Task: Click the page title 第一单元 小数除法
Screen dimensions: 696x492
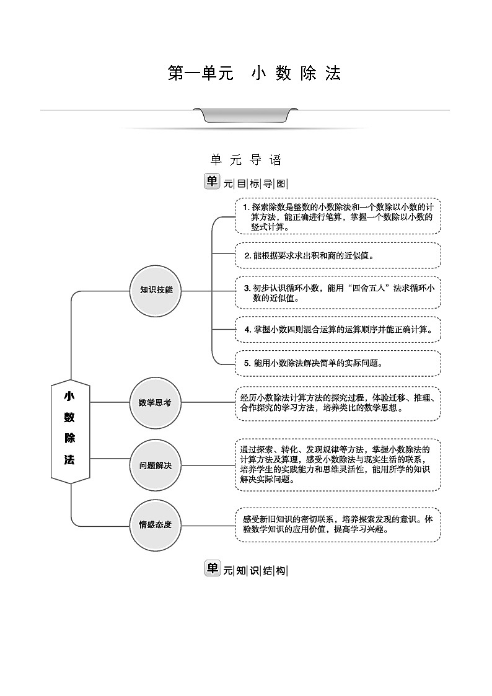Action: point(254,73)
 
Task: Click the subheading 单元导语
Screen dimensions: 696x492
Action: point(246,161)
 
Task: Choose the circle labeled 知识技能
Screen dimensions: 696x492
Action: point(156,290)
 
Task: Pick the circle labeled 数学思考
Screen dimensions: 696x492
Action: point(155,402)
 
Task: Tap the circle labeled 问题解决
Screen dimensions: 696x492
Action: point(155,465)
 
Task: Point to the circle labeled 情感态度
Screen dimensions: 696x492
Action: point(155,524)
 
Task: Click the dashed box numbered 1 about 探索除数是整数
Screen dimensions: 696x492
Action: point(338,216)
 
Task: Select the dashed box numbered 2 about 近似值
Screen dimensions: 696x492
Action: point(338,255)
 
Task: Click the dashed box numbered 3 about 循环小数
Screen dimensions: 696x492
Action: point(338,292)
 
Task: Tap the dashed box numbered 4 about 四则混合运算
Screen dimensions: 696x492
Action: point(338,329)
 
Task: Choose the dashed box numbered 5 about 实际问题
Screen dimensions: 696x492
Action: point(338,363)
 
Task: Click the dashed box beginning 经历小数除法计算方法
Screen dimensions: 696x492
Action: point(338,403)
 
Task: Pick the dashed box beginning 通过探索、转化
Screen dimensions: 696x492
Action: point(338,464)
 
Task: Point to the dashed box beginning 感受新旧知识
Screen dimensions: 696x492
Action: point(338,524)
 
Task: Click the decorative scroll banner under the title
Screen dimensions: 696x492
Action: point(245,116)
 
